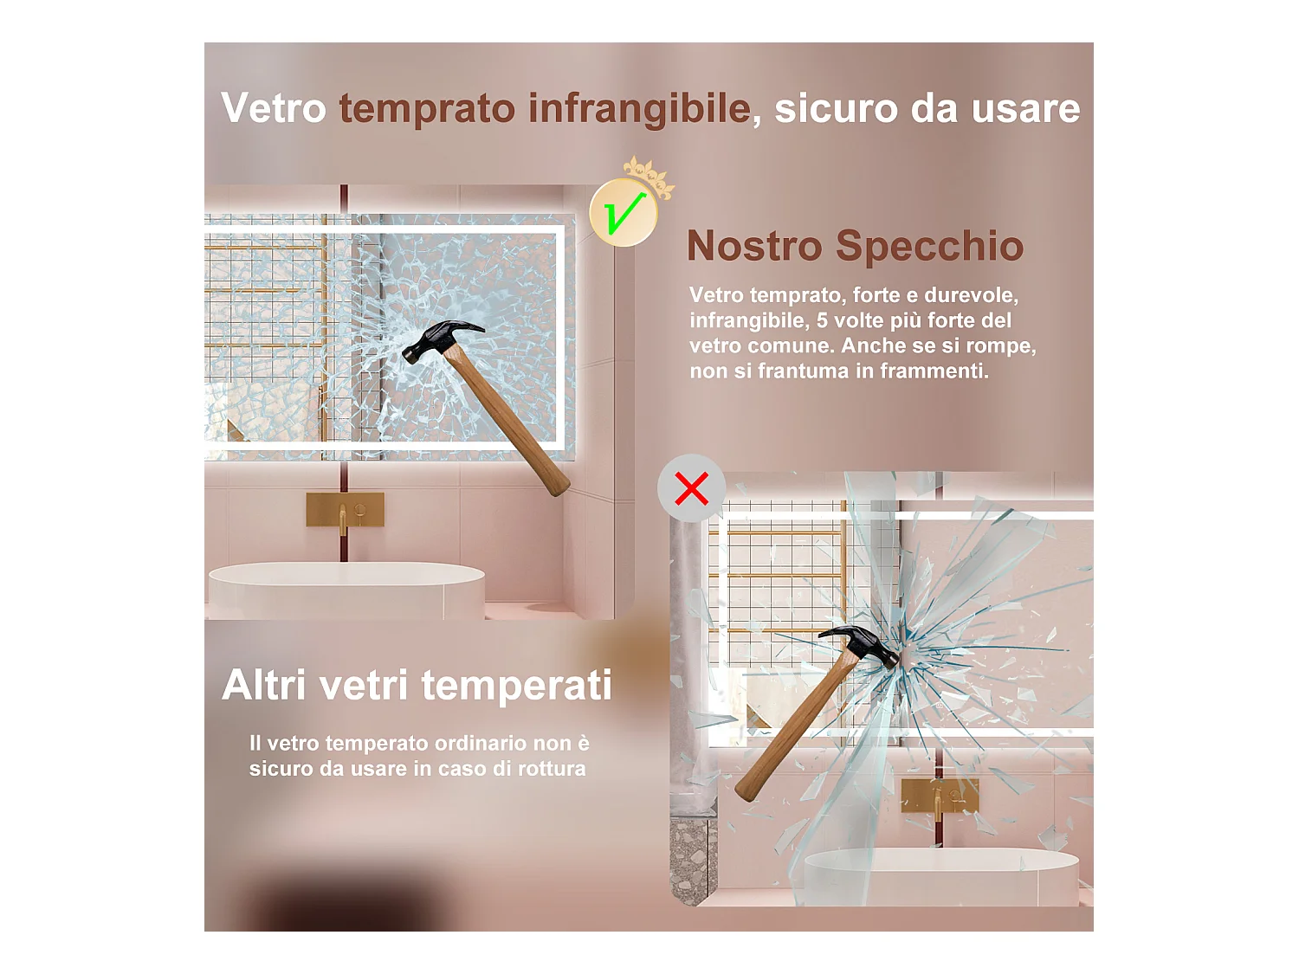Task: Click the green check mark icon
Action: [624, 212]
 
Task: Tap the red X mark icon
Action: [691, 488]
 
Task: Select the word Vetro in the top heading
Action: [273, 108]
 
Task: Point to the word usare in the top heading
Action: [1025, 109]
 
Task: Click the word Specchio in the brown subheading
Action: [929, 247]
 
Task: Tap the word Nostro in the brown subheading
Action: [754, 246]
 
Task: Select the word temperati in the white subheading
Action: [517, 687]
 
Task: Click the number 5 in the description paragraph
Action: [822, 320]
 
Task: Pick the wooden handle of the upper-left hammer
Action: [509, 421]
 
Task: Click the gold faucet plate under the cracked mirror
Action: [345, 509]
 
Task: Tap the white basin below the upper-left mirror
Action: [346, 590]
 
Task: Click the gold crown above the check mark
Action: [649, 177]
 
